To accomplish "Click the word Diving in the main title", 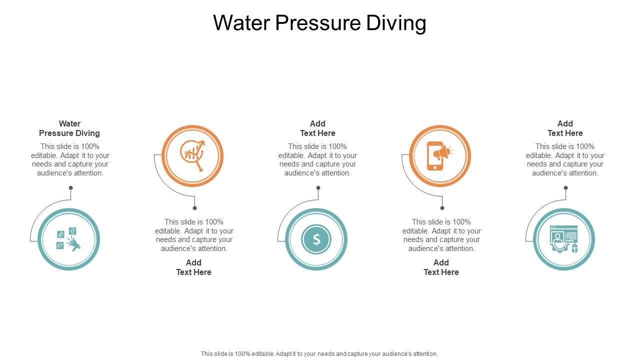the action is (x=396, y=23).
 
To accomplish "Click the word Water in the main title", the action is (x=241, y=23).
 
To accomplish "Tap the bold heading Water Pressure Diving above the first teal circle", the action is (x=69, y=128).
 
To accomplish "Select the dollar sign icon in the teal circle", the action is (x=316, y=239).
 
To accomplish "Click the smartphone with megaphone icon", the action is (x=439, y=156).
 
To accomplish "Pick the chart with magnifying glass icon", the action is (x=193, y=155).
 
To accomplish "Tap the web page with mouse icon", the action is (x=564, y=239).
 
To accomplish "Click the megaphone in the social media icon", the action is (x=73, y=243).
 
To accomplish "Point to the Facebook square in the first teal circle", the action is (x=72, y=231).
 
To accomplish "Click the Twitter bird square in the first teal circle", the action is (x=60, y=245).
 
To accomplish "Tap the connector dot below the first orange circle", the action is (x=195, y=208).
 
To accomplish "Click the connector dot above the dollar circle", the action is (x=318, y=187).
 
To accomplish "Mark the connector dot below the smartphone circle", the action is (x=442, y=208).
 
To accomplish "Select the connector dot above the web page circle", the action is (x=565, y=187).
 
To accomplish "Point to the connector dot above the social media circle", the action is (x=71, y=187).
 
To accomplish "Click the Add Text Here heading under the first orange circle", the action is (x=193, y=267).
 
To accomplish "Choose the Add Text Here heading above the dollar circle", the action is (x=317, y=128).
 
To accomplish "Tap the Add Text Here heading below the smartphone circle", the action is (x=441, y=267).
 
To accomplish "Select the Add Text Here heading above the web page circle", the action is (x=565, y=128).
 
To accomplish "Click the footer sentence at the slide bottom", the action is (x=319, y=353).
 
